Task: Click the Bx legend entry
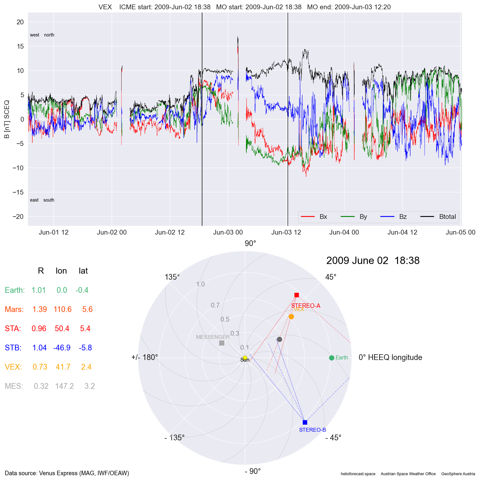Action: [x=323, y=217]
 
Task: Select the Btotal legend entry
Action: [x=447, y=217]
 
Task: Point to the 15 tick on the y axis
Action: [x=20, y=46]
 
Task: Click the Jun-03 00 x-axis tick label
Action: [x=228, y=232]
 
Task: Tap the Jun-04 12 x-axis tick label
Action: [x=402, y=232]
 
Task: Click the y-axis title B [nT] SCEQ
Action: [x=7, y=119]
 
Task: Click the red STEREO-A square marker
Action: [x=297, y=295]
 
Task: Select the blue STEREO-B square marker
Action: [x=305, y=422]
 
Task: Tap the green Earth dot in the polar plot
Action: [x=332, y=358]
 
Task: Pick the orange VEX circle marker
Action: [x=291, y=317]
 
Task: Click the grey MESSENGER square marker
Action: [x=222, y=343]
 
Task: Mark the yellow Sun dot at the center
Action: [x=245, y=358]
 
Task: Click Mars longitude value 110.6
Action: [x=62, y=309]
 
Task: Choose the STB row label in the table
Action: [x=13, y=348]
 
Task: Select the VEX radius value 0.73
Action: [x=40, y=367]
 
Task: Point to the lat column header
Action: [x=83, y=271]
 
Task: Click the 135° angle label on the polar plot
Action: [x=172, y=277]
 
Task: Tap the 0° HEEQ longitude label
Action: [x=390, y=357]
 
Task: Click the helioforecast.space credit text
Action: [x=358, y=474]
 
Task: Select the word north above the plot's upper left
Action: [x=49, y=35]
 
